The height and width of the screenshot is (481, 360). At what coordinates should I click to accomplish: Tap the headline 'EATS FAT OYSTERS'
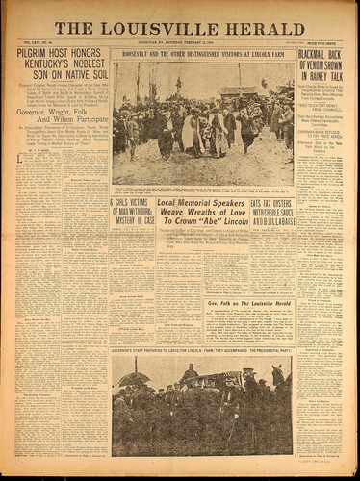[271, 203]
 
